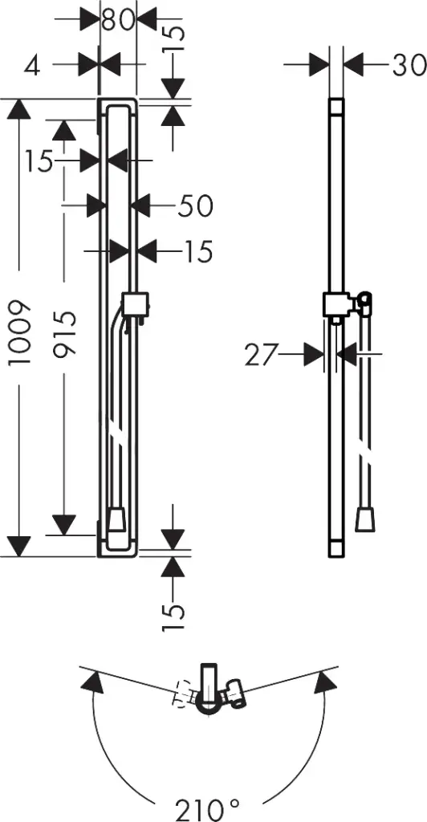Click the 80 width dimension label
118,21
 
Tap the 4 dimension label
32,65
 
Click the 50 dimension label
195,206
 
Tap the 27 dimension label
261,356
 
